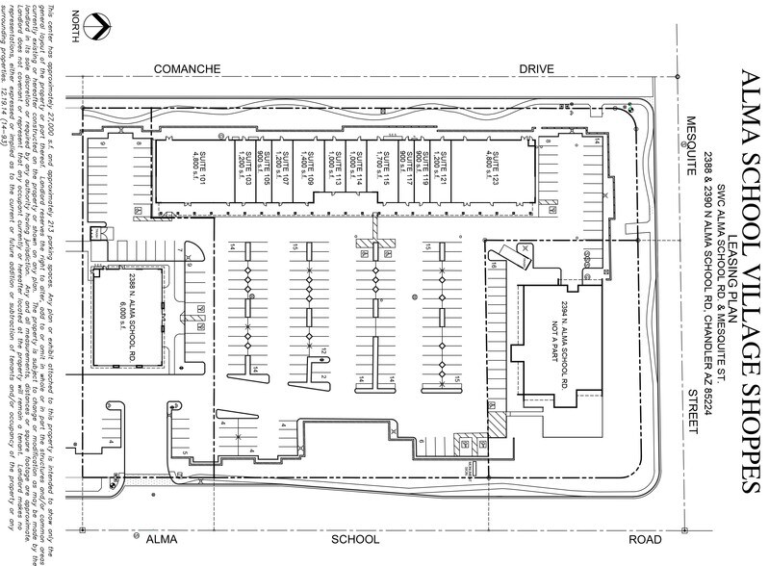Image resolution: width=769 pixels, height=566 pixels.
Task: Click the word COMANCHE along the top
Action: (190, 71)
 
